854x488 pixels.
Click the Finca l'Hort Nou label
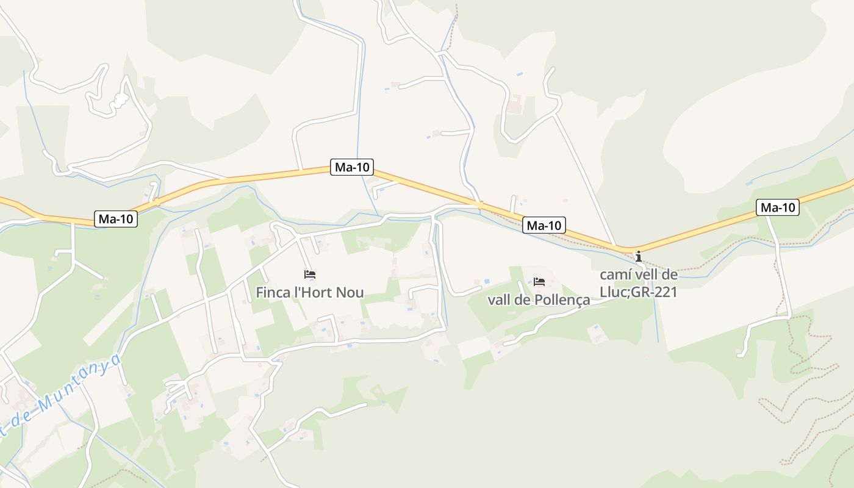(x=310, y=293)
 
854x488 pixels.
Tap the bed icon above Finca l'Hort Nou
(x=310, y=274)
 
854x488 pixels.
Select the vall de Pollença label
(x=539, y=300)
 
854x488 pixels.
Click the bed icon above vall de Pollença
(x=539, y=282)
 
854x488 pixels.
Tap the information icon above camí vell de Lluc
(x=638, y=256)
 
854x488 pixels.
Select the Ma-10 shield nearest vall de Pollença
(x=545, y=226)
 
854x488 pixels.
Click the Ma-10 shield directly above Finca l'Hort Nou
(x=352, y=167)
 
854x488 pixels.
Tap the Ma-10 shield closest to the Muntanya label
(x=116, y=219)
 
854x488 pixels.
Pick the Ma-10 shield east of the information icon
(x=778, y=207)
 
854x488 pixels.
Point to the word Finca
(x=273, y=293)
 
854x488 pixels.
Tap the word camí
(x=615, y=274)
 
